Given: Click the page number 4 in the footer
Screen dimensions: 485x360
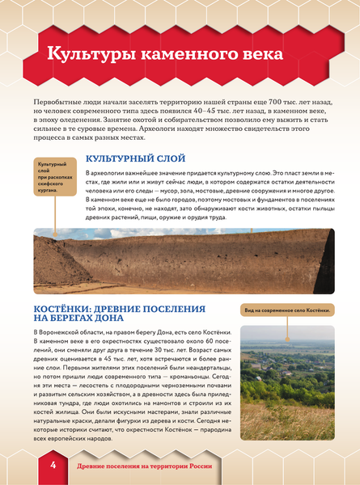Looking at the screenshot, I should tap(52, 466).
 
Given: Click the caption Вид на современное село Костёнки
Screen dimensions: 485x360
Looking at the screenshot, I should tap(287, 310).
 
